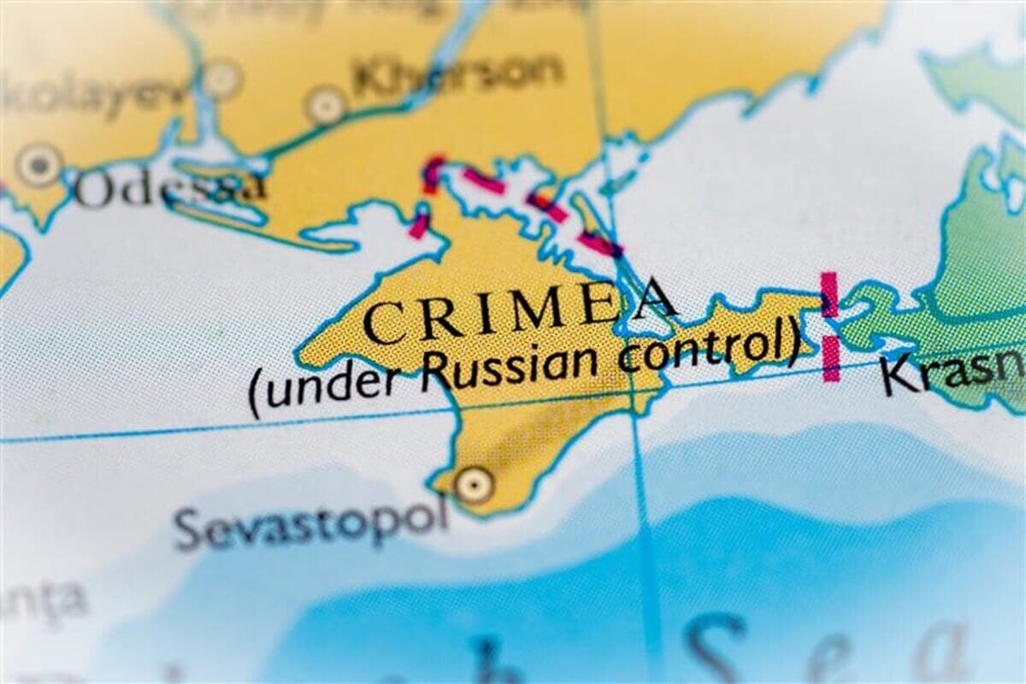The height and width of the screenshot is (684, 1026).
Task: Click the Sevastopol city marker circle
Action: [x=473, y=486]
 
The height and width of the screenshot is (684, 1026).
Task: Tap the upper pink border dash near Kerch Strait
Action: [x=828, y=293]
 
